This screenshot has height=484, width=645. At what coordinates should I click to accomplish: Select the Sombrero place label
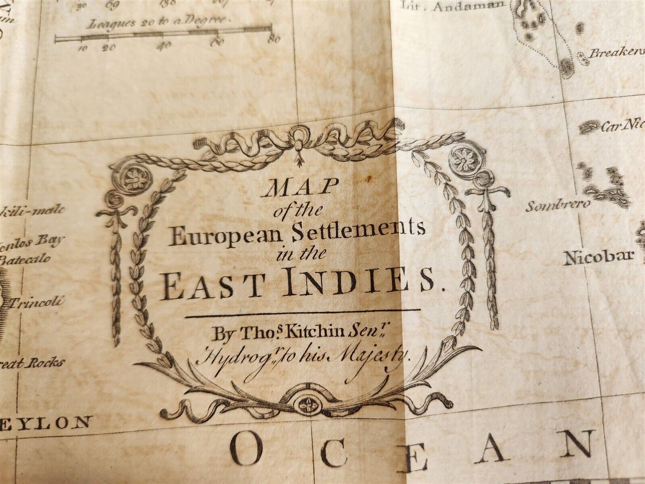click(557, 206)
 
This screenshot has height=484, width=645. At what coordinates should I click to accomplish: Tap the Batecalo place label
click(25, 259)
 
